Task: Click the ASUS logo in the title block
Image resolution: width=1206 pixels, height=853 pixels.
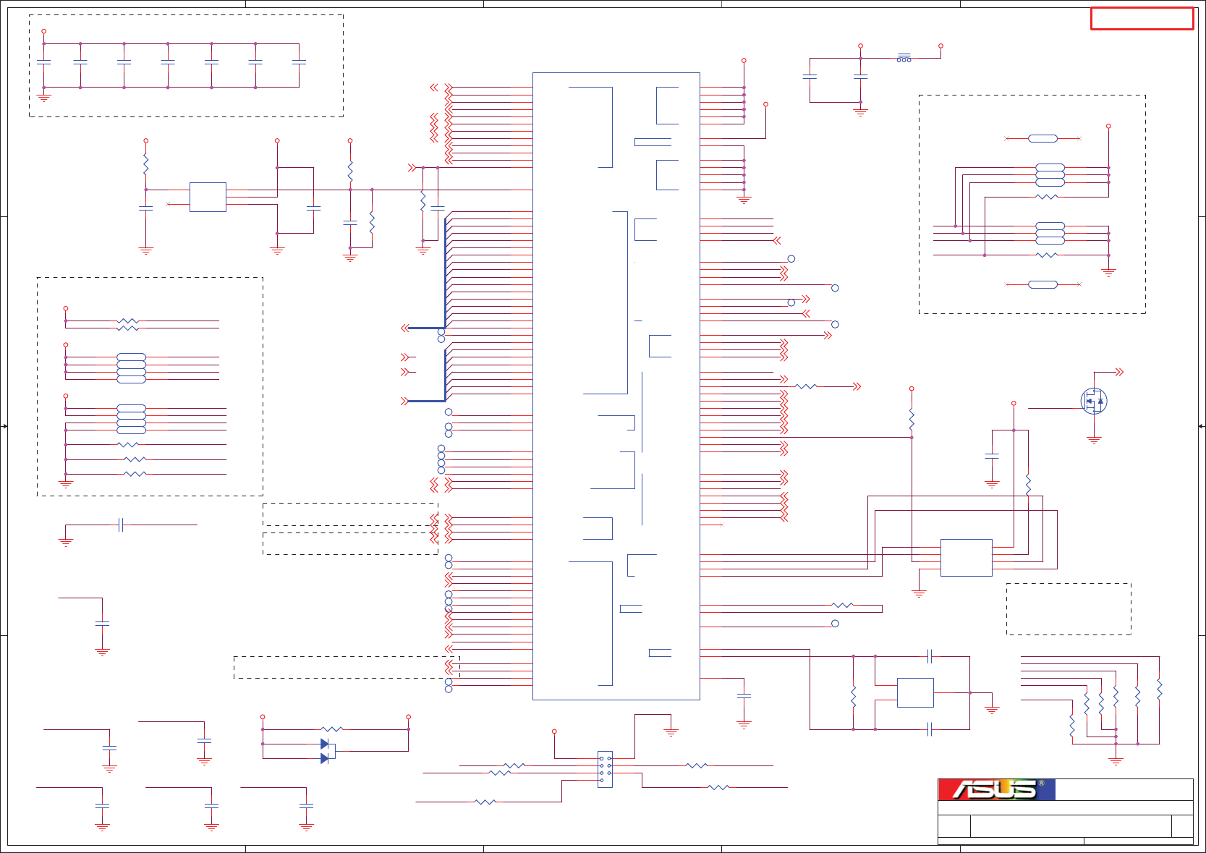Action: tap(996, 789)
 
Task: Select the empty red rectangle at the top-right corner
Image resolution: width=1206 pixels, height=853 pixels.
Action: tap(1142, 19)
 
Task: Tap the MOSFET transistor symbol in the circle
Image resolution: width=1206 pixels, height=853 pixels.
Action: tap(1094, 401)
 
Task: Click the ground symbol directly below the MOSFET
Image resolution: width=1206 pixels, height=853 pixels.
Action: tap(1094, 439)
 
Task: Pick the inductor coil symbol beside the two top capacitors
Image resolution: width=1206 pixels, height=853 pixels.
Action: tap(904, 58)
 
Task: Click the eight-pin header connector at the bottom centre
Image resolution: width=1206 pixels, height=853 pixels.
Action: tap(605, 769)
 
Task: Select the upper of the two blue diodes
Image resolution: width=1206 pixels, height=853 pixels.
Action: tap(325, 744)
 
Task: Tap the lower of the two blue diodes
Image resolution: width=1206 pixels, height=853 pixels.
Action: tap(325, 758)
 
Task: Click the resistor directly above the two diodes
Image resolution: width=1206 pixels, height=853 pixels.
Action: tap(331, 729)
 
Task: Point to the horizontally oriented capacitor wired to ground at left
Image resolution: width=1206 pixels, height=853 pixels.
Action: tap(121, 525)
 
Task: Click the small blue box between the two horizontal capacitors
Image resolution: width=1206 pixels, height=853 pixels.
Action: tap(915, 692)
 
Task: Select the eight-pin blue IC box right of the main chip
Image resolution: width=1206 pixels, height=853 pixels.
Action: tap(966, 558)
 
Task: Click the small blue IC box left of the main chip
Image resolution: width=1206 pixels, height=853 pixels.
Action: tap(208, 197)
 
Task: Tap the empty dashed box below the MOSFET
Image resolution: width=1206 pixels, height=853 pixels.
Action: tap(1068, 609)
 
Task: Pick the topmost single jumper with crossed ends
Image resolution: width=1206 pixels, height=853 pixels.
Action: tap(1042, 138)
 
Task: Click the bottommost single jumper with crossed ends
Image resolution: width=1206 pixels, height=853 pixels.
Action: tap(1042, 284)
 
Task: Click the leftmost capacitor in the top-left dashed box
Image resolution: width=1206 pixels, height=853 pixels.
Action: tap(44, 63)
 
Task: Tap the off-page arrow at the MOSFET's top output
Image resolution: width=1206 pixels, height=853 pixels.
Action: tap(1119, 372)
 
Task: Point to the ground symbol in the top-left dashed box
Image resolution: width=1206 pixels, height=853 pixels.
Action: tap(44, 97)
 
